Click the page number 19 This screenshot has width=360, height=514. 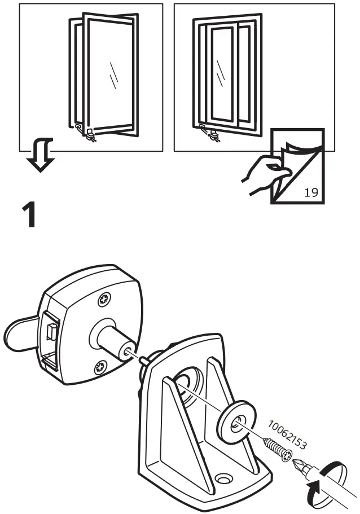(x=311, y=192)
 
